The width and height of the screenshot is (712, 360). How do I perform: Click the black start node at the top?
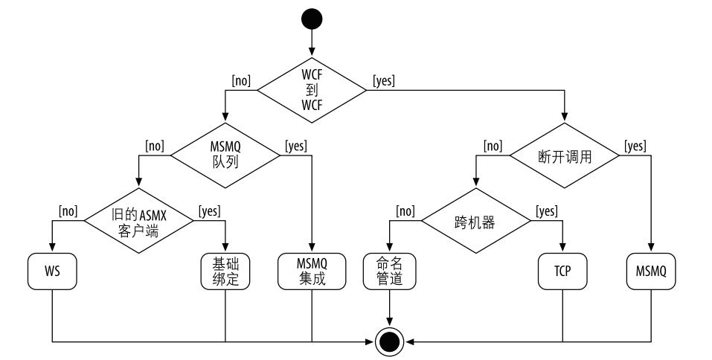311,18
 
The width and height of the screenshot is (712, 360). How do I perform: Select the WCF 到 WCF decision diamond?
312,91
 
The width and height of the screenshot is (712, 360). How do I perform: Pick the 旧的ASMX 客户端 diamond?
139,221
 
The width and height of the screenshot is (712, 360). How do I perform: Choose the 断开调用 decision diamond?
564,155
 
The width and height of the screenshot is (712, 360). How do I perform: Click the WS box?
52,271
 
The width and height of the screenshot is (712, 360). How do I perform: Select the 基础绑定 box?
225,271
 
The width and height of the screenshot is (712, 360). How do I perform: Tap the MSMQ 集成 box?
312,271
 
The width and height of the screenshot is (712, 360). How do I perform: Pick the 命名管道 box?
390,271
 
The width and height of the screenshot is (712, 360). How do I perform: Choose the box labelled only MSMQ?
651,271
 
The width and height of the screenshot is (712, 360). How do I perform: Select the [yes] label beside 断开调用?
635,146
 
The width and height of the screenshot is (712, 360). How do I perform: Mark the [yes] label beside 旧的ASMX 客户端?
209,211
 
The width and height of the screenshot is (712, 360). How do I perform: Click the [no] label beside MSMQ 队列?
154,146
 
